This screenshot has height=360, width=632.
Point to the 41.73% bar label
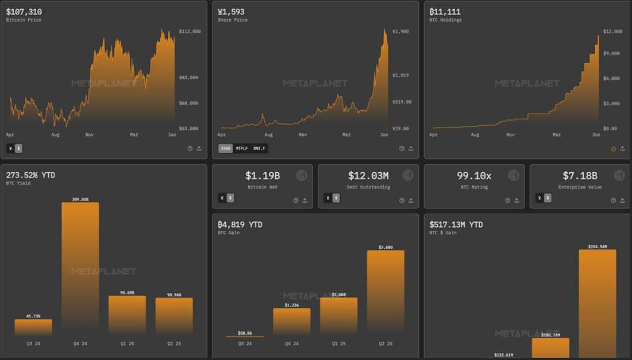(x=33, y=316)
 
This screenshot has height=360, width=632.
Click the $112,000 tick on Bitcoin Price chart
(x=190, y=32)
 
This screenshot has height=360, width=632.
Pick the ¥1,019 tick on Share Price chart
(x=400, y=75)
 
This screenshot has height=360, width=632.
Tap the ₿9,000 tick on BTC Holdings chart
(x=612, y=53)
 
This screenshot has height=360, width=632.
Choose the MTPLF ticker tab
(x=241, y=148)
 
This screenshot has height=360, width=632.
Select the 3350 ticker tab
(x=225, y=148)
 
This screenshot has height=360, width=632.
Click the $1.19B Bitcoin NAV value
(x=263, y=176)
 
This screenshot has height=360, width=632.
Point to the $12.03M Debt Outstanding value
(x=368, y=176)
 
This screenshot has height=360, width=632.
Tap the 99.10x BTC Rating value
(x=474, y=176)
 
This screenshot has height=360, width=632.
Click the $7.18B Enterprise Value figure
(x=580, y=176)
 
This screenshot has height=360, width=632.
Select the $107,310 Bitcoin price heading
(x=24, y=11)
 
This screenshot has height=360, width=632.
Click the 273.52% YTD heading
(x=30, y=175)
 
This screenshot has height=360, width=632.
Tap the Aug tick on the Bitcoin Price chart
(x=56, y=135)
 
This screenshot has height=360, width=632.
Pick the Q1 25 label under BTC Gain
(x=338, y=344)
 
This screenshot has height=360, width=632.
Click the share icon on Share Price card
(x=411, y=148)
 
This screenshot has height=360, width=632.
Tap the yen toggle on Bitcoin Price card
(x=11, y=148)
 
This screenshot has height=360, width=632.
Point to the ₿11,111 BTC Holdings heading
(x=445, y=11)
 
